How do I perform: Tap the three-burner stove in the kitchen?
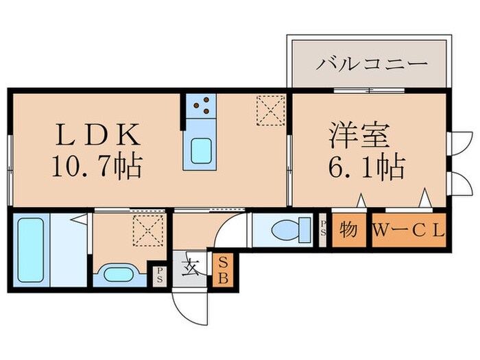click(x=201, y=105)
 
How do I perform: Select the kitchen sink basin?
click(x=200, y=150)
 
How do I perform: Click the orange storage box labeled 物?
click(x=349, y=230)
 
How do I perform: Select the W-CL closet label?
click(x=409, y=230)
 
